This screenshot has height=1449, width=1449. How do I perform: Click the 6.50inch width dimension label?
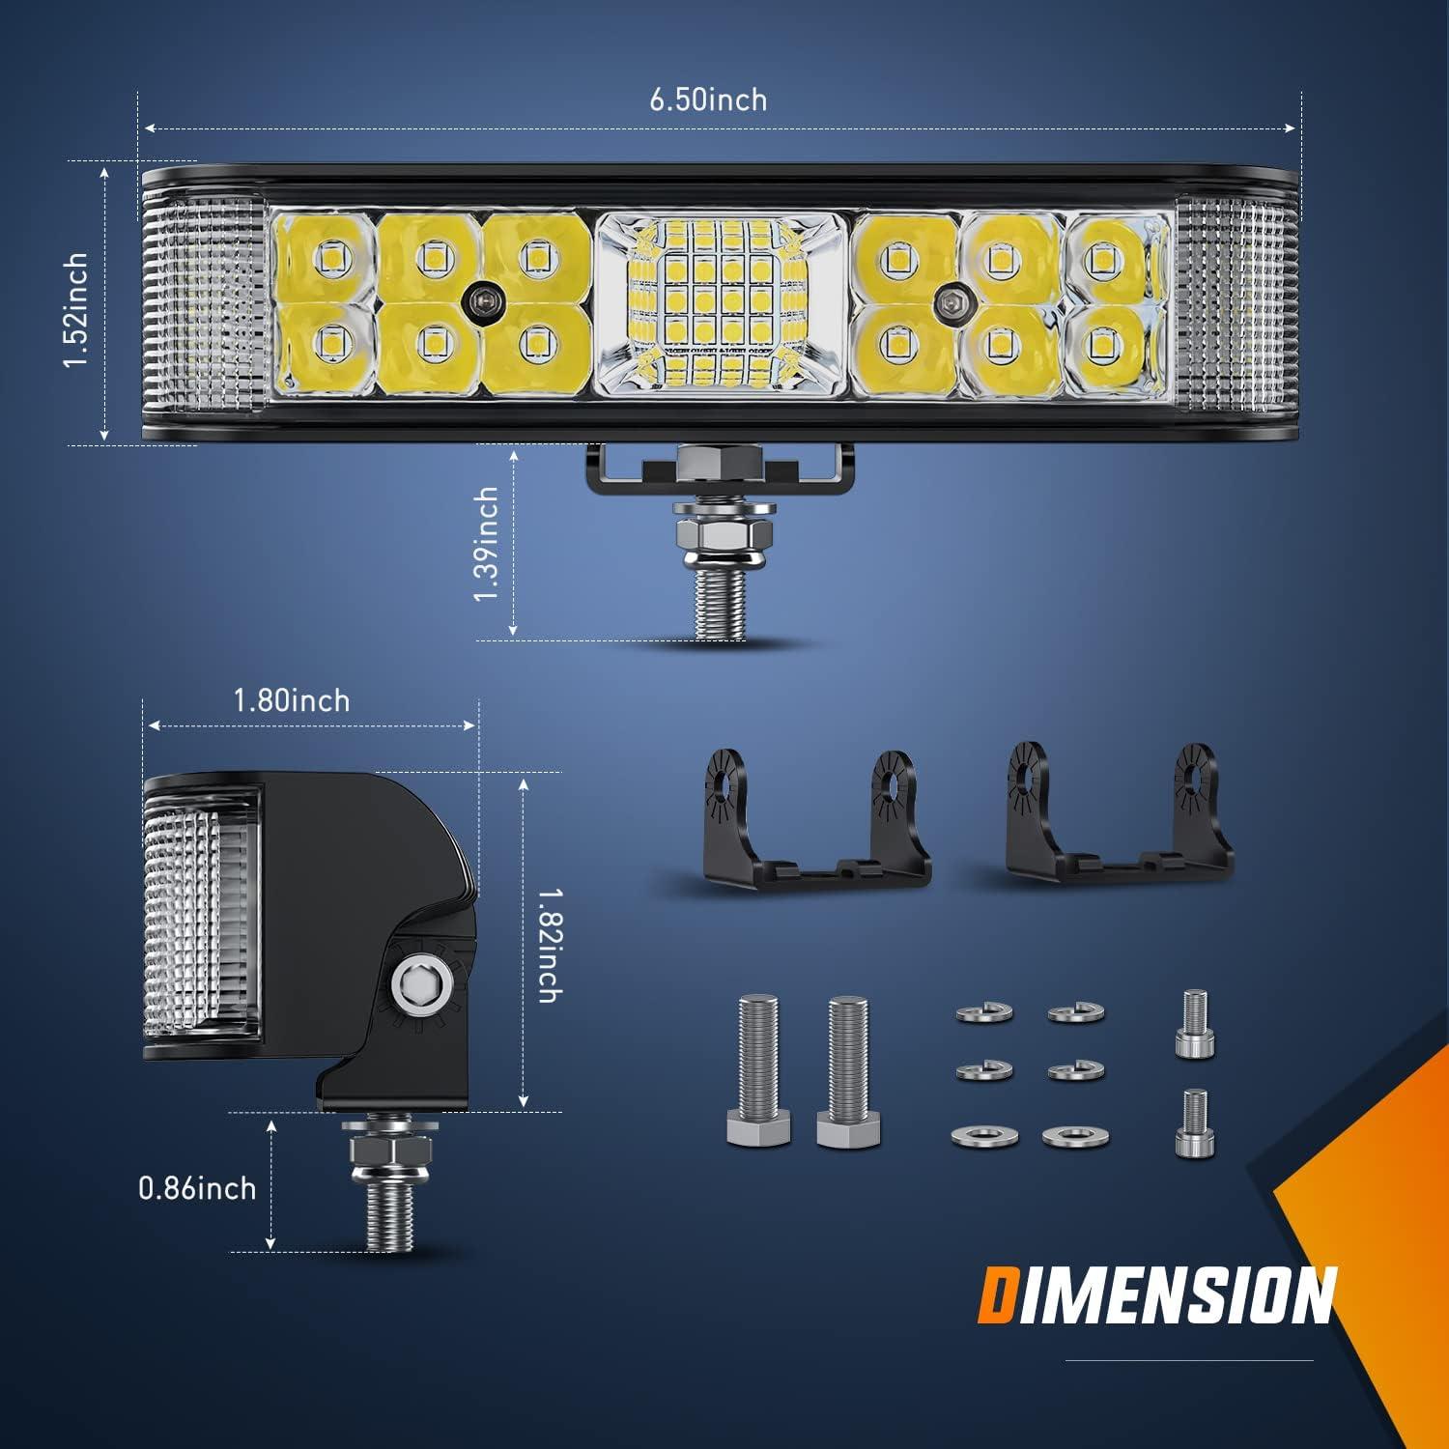coord(708,99)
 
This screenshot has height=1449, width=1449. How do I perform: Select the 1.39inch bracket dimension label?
coord(487,544)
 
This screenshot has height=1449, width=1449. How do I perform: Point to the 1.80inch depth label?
coord(292,700)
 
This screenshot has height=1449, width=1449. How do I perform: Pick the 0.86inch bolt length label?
coord(197,1187)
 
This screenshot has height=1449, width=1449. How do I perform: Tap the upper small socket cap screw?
coord(1194,1024)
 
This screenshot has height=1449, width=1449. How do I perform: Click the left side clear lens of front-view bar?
coord(203,304)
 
